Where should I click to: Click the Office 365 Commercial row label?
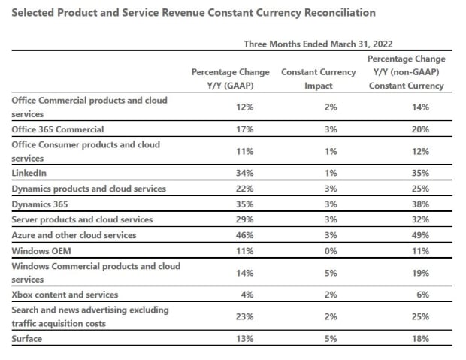57,129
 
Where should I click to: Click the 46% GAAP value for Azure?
244,235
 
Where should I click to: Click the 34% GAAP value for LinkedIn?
244,173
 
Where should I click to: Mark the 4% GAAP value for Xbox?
246,295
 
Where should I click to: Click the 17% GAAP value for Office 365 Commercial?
244,129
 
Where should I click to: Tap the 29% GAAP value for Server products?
244,219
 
